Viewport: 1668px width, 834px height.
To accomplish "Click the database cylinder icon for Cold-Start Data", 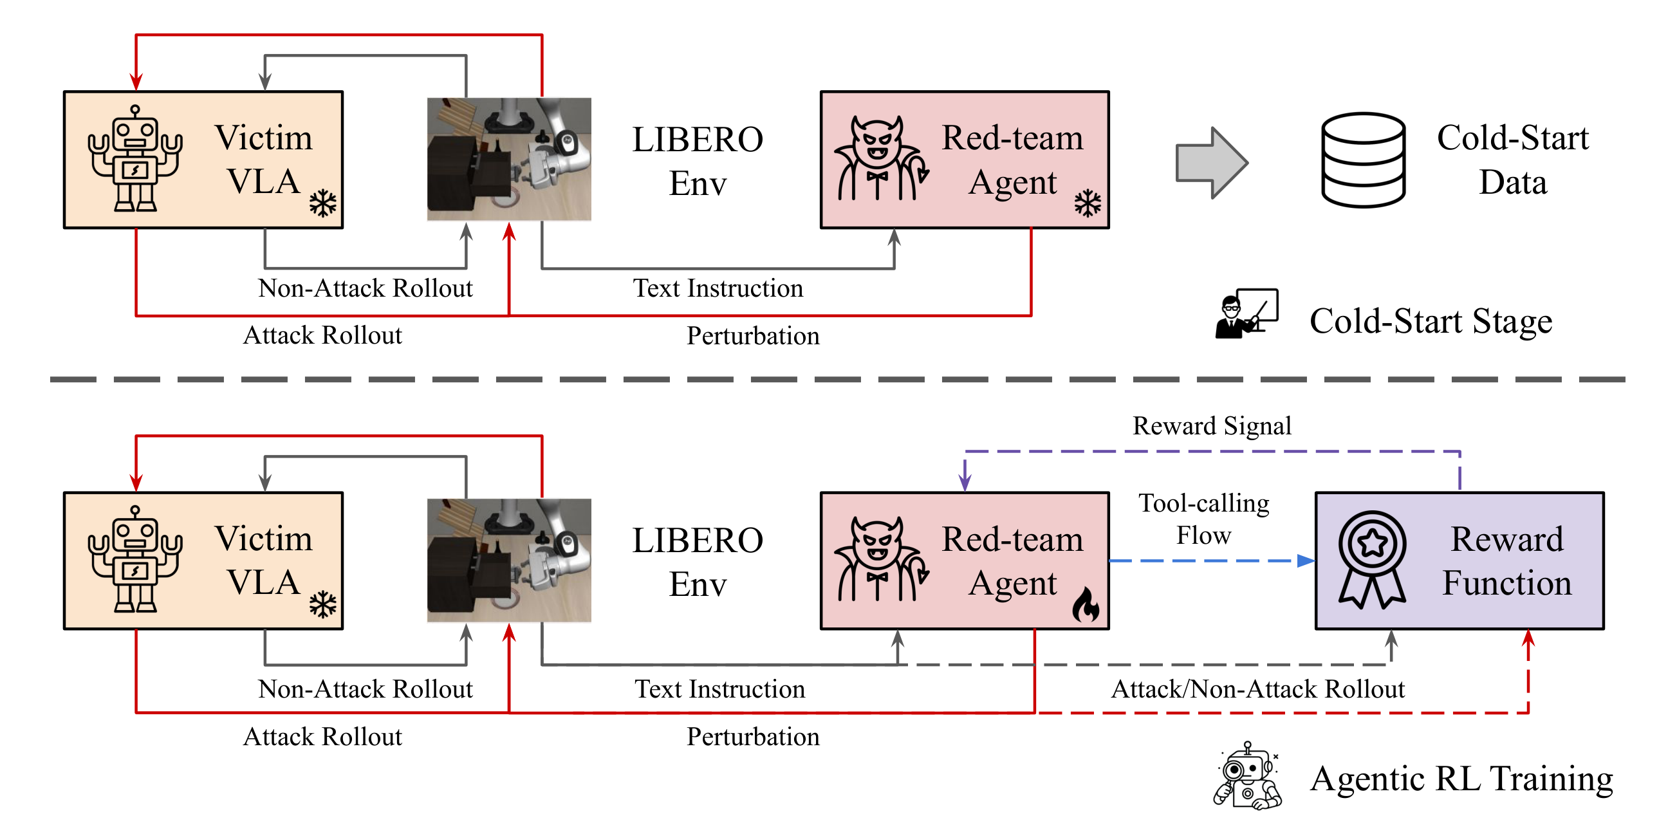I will tap(1363, 160).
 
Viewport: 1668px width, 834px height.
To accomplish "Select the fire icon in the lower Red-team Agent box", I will tap(1086, 605).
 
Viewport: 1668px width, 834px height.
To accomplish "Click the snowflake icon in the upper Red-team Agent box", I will tap(1088, 203).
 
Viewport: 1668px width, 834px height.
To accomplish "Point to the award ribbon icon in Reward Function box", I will tap(1372, 559).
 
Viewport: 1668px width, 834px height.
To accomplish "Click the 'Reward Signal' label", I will tap(1212, 426).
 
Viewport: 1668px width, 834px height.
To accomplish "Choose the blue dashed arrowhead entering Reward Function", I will tap(1306, 561).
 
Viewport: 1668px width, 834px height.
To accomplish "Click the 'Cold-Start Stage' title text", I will tap(1431, 321).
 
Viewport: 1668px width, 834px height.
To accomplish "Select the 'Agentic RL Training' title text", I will tap(1461, 778).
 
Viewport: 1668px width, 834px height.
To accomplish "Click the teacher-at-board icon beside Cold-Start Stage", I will tap(1246, 313).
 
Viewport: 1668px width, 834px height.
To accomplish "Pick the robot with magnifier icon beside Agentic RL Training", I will tap(1247, 776).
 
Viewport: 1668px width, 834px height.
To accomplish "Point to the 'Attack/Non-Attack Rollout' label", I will tap(1257, 689).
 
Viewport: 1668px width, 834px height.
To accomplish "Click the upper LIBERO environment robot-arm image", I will tap(509, 160).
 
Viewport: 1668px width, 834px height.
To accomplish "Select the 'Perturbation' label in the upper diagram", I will tap(752, 335).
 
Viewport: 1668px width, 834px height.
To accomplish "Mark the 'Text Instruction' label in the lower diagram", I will tap(719, 689).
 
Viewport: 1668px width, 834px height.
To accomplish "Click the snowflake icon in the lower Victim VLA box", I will tap(322, 605).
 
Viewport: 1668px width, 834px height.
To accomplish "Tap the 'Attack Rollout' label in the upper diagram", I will tap(322, 335).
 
